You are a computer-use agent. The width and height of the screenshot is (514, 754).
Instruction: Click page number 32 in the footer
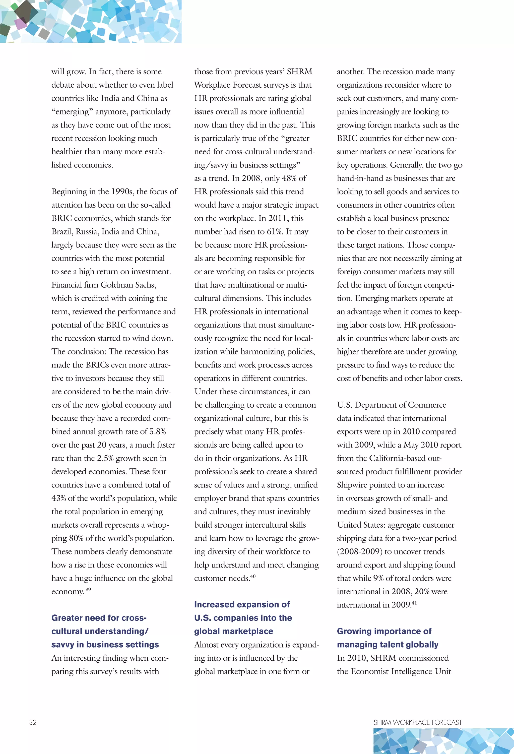click(x=33, y=722)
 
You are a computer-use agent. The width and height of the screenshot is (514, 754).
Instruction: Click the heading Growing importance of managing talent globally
click(x=388, y=638)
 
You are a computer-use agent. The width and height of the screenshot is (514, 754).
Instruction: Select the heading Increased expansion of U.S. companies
click(x=243, y=618)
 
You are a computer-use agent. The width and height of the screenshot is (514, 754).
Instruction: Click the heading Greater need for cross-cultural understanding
click(x=105, y=631)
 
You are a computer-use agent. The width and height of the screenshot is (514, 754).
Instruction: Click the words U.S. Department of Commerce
click(x=391, y=405)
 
